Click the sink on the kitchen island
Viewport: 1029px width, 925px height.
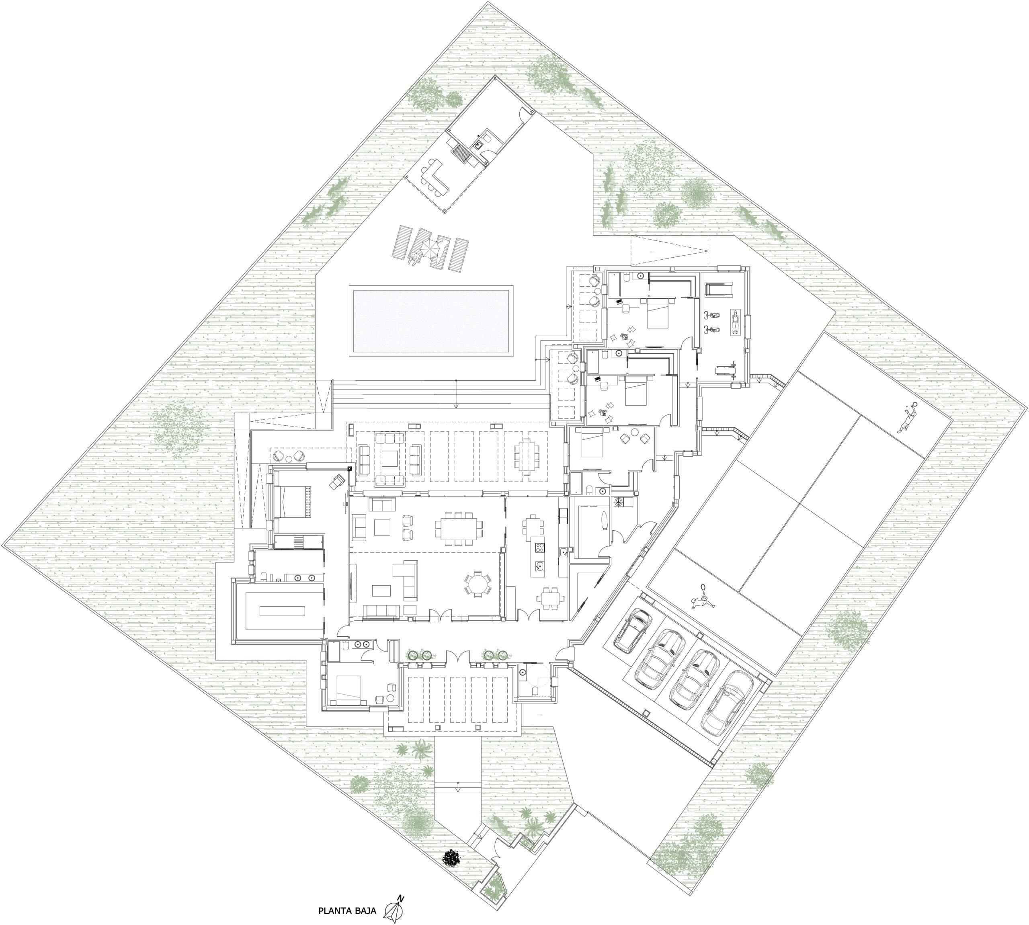tap(539, 566)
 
